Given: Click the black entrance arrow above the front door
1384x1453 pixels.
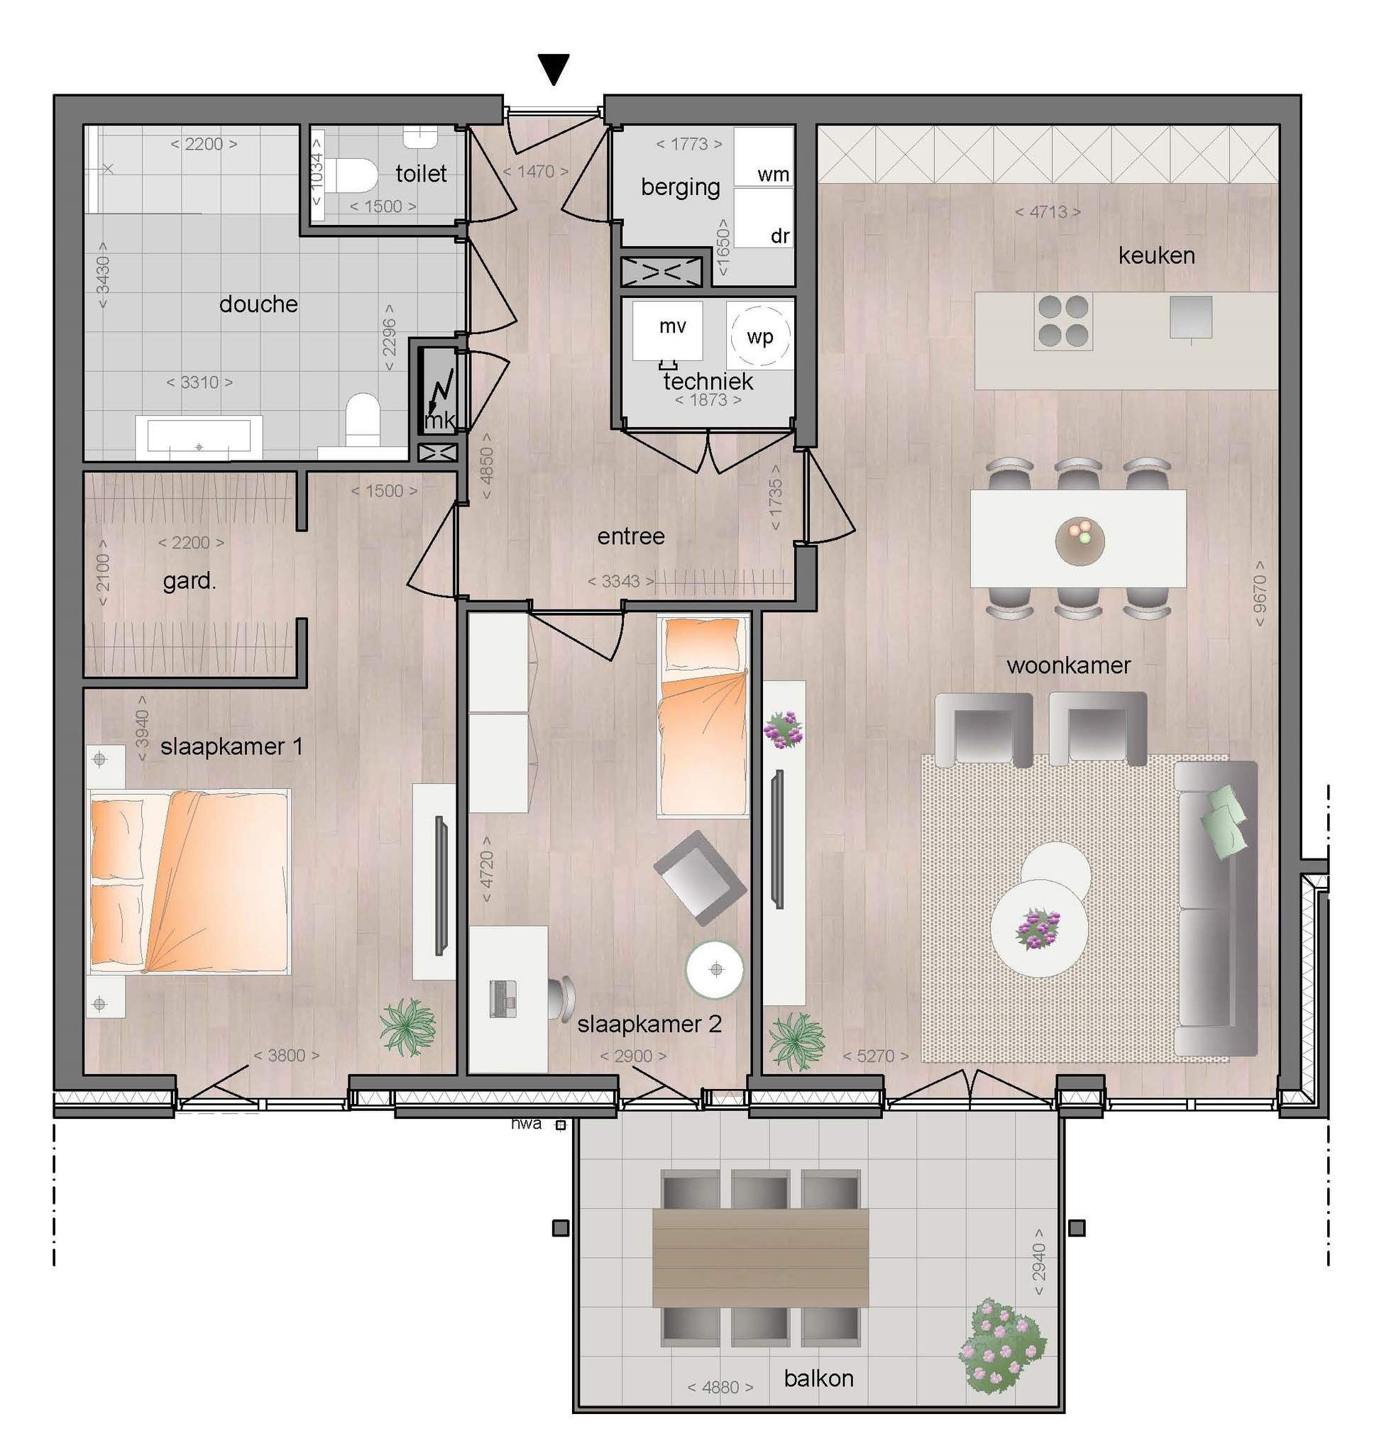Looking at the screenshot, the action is [554, 70].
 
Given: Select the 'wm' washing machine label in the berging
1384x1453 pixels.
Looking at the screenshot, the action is [773, 175].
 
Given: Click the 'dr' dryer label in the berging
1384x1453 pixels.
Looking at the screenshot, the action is [780, 236].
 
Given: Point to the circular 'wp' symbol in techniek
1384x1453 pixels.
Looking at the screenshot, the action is [761, 336].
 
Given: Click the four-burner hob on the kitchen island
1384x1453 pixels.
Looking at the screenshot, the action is [1063, 321].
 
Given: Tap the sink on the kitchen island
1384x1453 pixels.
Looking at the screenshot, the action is [1191, 318].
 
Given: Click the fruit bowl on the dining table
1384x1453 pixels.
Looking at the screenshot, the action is [1080, 541].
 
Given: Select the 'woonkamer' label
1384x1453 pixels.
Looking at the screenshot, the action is [1068, 665].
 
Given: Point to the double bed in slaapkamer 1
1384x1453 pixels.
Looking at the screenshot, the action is [189, 881].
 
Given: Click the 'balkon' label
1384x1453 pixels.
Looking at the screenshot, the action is [819, 1378].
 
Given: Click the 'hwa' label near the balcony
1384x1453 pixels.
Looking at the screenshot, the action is [526, 1123].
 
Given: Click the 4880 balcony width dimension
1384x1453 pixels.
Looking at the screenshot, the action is [720, 1387].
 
